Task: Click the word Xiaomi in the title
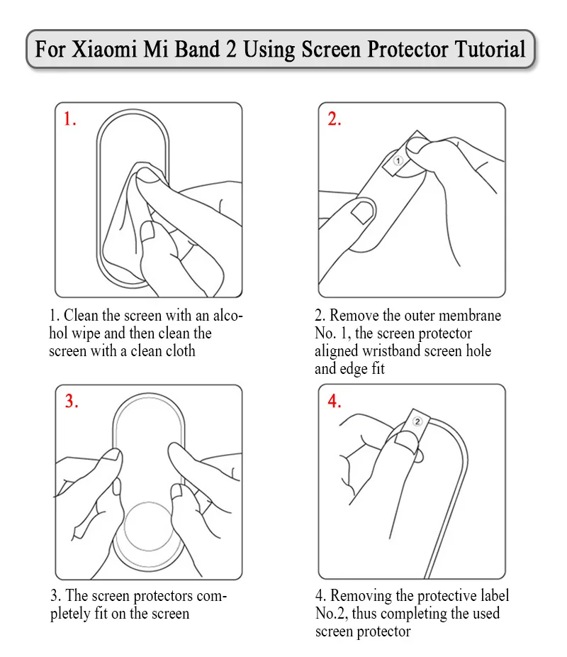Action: [x=104, y=49]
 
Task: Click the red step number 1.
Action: [x=70, y=119]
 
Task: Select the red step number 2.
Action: [x=335, y=119]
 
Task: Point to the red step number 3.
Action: [x=72, y=401]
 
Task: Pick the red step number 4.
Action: [x=335, y=401]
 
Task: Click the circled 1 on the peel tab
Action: [x=398, y=160]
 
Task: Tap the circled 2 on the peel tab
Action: [x=417, y=421]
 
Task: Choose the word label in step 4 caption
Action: [x=493, y=595]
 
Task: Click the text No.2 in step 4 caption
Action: [x=332, y=614]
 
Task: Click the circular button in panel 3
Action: [x=149, y=528]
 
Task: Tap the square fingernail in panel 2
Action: [x=362, y=212]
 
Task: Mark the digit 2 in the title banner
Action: [x=231, y=49]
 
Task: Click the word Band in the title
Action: [x=197, y=49]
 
